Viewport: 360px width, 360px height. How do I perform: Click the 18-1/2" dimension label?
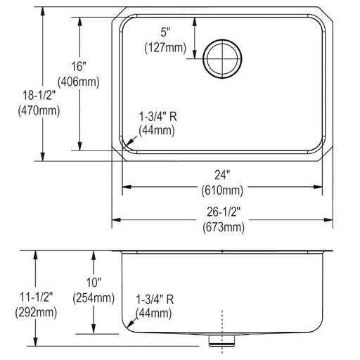click(x=39, y=96)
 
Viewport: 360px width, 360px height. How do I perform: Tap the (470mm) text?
click(x=39, y=110)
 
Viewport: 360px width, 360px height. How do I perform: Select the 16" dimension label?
click(x=79, y=66)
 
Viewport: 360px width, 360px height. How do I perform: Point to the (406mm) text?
click(x=79, y=82)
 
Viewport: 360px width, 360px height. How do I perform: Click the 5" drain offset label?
click(x=165, y=32)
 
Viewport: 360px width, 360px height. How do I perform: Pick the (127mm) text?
click(x=165, y=48)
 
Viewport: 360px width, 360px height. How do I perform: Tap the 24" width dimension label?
click(x=222, y=175)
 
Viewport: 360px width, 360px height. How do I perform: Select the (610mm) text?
click(x=222, y=190)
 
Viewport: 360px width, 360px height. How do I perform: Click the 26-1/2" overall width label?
click(x=224, y=212)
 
